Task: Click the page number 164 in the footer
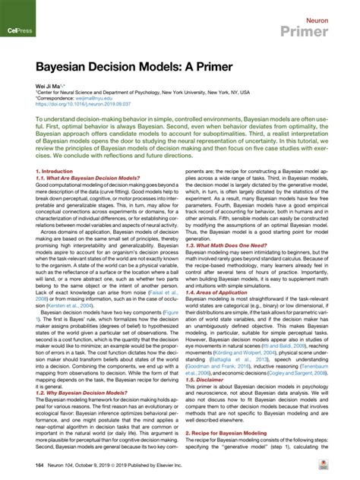(x=38, y=464)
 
